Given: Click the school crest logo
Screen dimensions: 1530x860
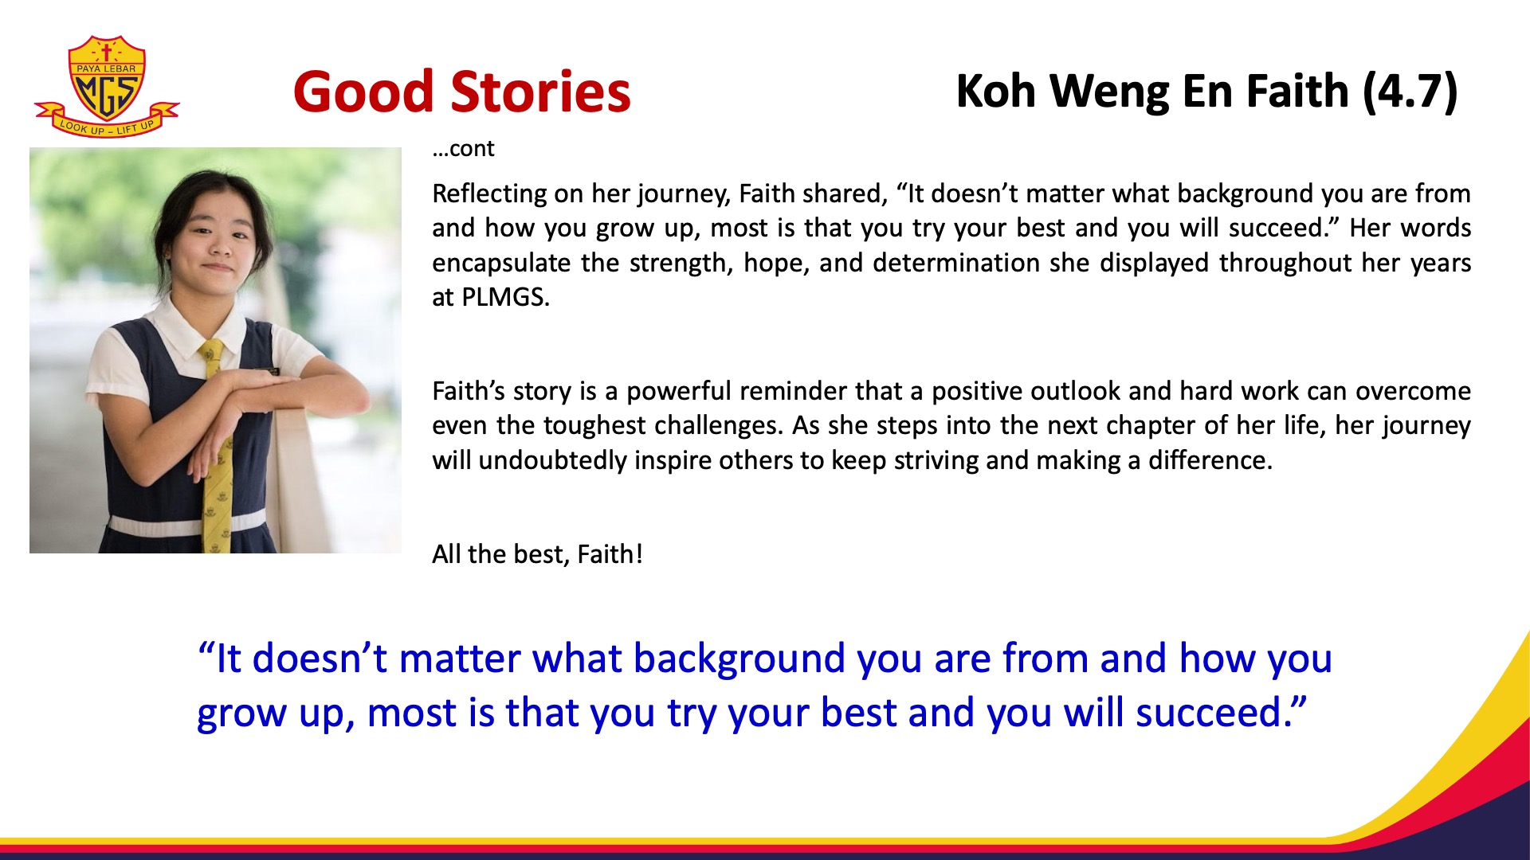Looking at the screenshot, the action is coord(107,86).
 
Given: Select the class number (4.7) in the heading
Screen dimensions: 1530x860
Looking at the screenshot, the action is coord(1410,92).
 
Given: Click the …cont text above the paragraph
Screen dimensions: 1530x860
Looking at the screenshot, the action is coord(463,148).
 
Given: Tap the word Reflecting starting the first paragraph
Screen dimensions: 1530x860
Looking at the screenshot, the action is coord(500,194).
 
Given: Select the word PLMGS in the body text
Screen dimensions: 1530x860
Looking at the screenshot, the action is coord(505,297).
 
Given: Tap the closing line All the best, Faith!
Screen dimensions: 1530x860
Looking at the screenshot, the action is coord(537,554).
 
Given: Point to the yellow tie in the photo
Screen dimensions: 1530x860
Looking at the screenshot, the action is coord(215,446).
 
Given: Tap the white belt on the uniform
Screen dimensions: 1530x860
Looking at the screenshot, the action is coord(188,524).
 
